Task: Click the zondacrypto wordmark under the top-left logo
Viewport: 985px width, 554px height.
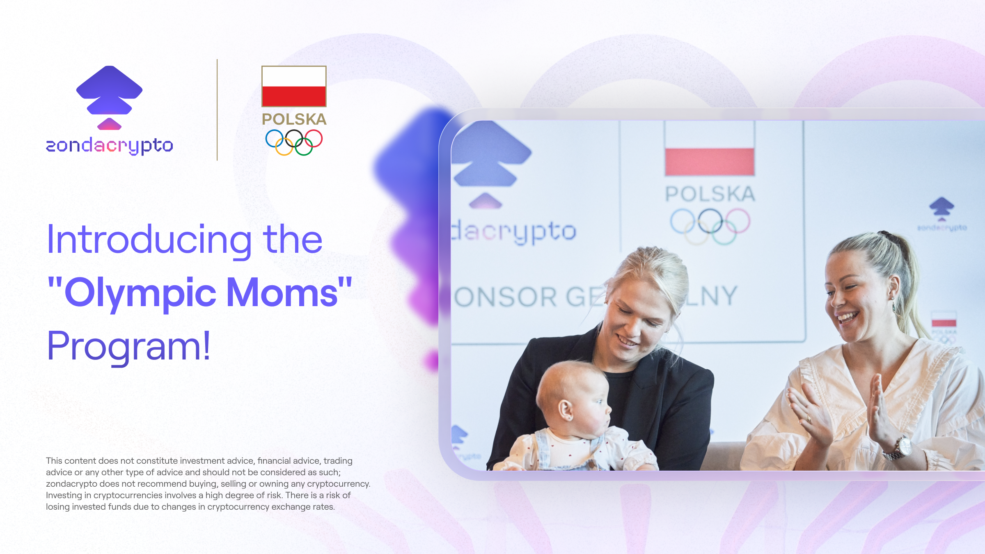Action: coord(109,146)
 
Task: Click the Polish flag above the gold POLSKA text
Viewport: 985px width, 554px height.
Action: coord(294,87)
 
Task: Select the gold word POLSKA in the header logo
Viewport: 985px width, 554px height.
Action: coord(294,119)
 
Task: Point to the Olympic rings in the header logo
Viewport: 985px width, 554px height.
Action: coord(294,142)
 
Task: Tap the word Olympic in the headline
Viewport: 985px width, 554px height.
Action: coord(140,293)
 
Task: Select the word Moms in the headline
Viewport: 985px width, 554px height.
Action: coord(282,293)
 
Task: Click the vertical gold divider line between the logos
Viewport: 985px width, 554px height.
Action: coord(217,110)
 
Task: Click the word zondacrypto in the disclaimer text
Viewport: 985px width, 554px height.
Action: coord(71,484)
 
